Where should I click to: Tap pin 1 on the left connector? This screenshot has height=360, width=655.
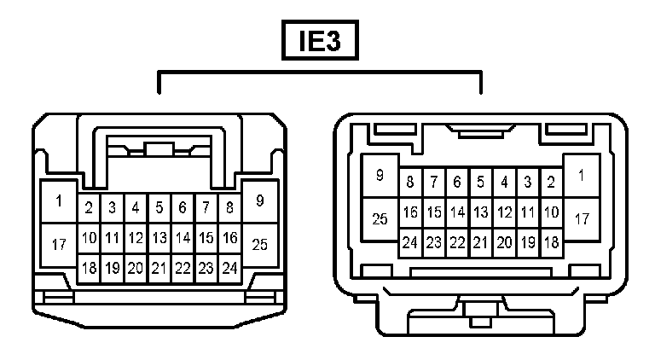pyautogui.click(x=59, y=202)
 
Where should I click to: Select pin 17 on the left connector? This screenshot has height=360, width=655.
pyautogui.click(x=59, y=245)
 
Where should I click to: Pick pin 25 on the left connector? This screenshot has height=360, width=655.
pyautogui.click(x=260, y=245)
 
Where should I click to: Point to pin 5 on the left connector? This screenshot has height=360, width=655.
pyautogui.click(x=159, y=207)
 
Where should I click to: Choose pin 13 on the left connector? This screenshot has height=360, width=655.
pyautogui.click(x=159, y=238)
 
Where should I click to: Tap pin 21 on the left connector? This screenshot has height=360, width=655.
pyautogui.click(x=159, y=268)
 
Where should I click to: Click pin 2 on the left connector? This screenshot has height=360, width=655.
pyautogui.click(x=89, y=207)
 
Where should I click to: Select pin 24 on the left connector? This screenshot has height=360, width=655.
pyautogui.click(x=229, y=268)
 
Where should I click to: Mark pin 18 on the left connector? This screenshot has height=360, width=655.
pyautogui.click(x=89, y=268)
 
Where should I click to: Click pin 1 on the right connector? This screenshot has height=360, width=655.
pyautogui.click(x=582, y=176)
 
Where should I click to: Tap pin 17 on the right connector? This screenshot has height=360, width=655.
pyautogui.click(x=582, y=219)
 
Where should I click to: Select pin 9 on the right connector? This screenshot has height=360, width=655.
pyautogui.click(x=380, y=176)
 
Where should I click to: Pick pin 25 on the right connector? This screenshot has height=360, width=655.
pyautogui.click(x=380, y=219)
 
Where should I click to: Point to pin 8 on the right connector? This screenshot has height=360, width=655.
pyautogui.click(x=410, y=182)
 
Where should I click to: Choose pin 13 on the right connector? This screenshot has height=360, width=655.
pyautogui.click(x=481, y=212)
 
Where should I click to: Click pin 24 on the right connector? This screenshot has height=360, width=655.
pyautogui.click(x=410, y=242)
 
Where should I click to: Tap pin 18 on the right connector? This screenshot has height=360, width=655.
pyautogui.click(x=551, y=242)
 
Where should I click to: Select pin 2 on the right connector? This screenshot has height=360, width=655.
pyautogui.click(x=551, y=182)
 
